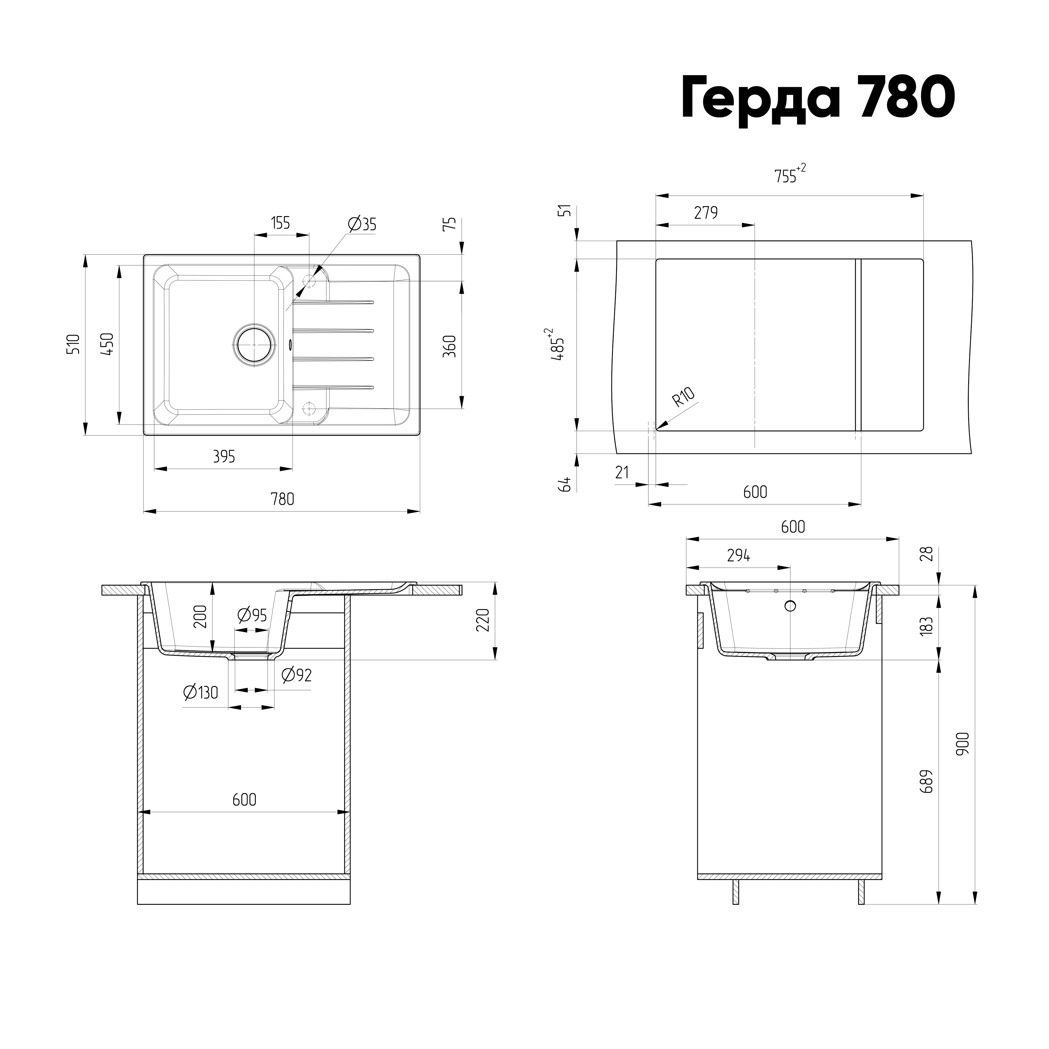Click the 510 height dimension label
pyautogui.click(x=73, y=344)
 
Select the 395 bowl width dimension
pyautogui.click(x=224, y=457)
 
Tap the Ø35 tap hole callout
pyautogui.click(x=362, y=224)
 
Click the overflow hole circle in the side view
pyautogui.click(x=791, y=606)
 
